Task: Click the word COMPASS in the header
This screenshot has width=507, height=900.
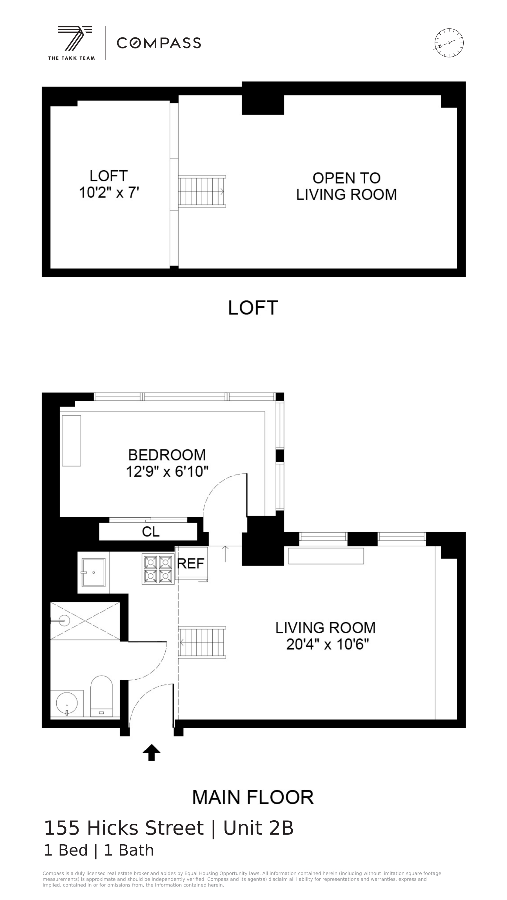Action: pos(159,43)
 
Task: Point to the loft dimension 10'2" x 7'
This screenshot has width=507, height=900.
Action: pos(109,193)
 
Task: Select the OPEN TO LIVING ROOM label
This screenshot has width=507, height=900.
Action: pos(346,186)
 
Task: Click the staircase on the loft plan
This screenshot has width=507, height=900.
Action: pos(202,191)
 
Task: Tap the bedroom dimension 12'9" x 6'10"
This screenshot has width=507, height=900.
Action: pos(167,472)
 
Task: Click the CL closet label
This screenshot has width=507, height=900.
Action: pos(151,532)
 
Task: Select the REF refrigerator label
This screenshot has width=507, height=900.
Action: pos(191,564)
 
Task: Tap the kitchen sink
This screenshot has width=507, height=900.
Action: pos(93,572)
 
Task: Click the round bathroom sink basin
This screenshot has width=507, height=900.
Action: pos(67,703)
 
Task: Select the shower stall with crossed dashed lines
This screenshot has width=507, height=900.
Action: pos(85,621)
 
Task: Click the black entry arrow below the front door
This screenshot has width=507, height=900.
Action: pos(152,752)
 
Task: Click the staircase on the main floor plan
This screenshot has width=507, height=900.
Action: pos(202,642)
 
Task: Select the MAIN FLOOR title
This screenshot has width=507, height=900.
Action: pos(253,797)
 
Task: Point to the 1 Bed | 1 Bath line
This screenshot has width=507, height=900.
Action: pos(99,850)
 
